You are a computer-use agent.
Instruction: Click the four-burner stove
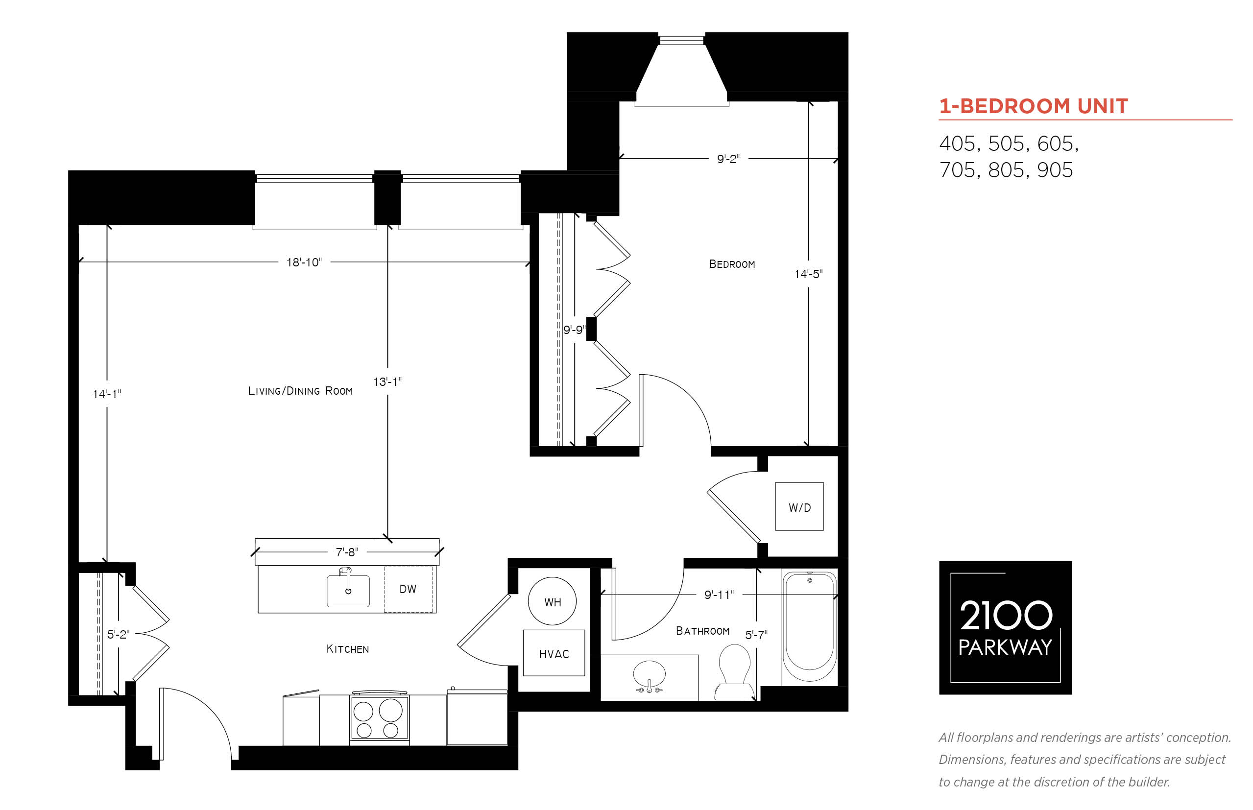379,718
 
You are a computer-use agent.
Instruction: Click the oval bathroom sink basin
649,674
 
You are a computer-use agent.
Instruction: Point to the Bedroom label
732,264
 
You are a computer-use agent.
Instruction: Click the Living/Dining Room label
300,391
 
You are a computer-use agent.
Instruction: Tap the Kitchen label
347,649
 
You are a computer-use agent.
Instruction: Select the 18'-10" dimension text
304,262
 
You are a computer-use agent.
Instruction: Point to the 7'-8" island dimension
347,552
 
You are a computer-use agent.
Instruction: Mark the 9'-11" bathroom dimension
719,595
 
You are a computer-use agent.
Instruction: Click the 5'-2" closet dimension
119,634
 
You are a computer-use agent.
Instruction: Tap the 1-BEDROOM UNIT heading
1033,106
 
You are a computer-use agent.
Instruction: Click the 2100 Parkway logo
1005,627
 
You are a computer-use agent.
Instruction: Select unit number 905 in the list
1055,170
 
